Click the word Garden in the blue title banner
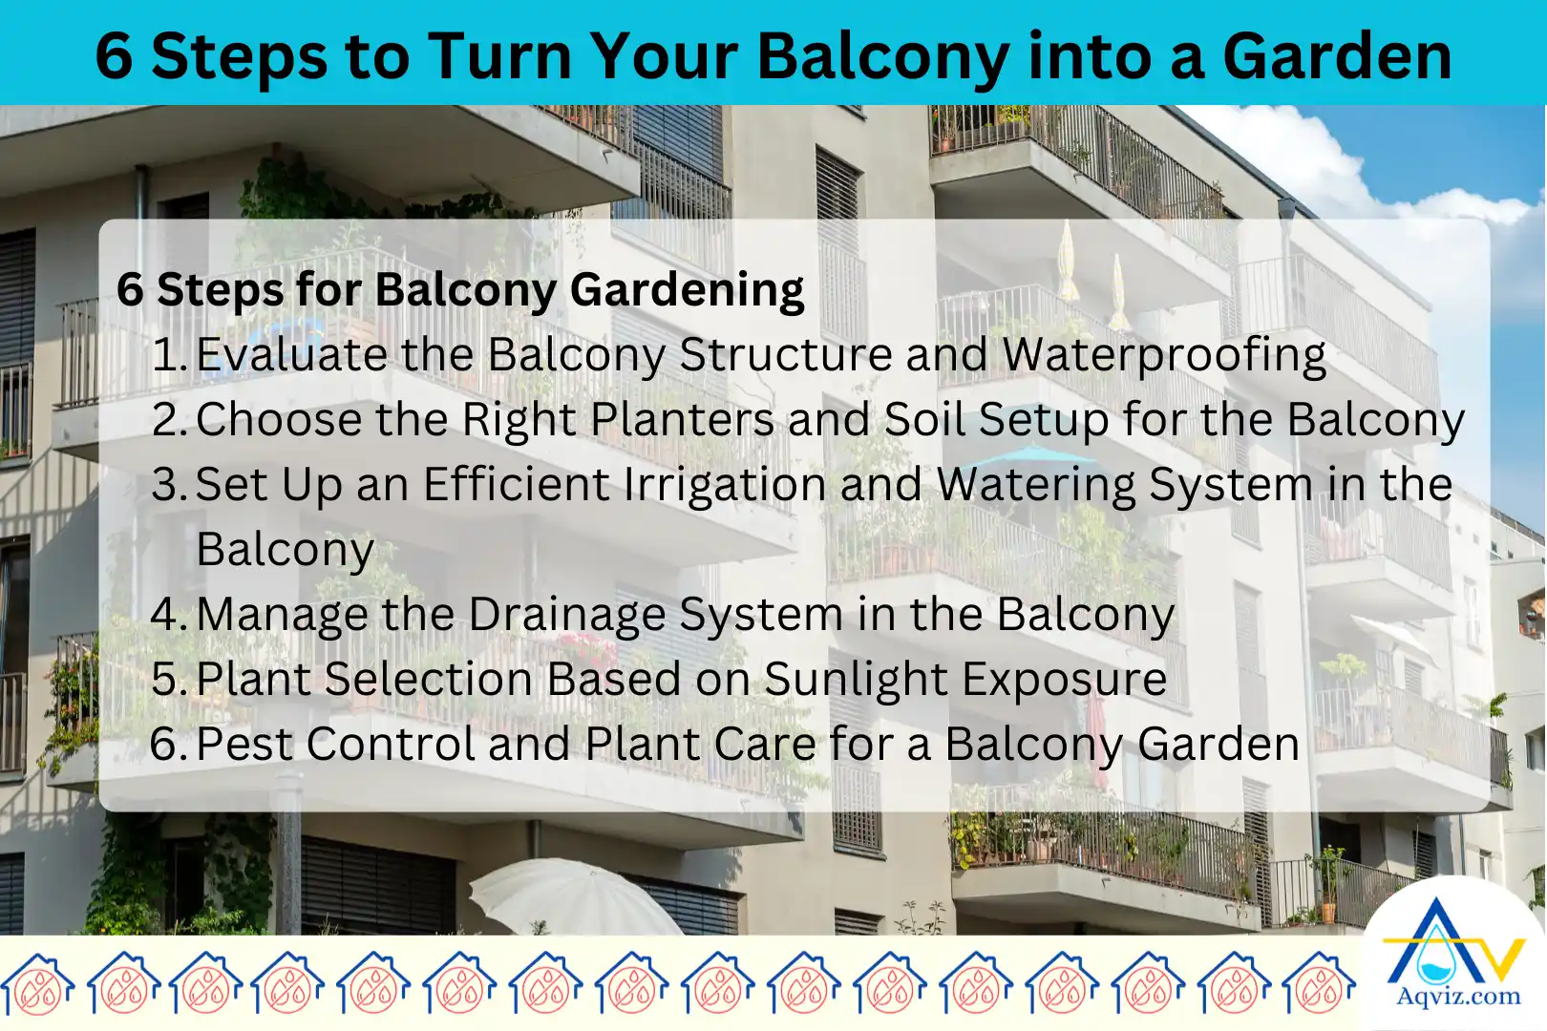(x=1337, y=55)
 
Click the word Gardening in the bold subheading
(x=688, y=290)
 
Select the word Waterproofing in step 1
(x=1164, y=355)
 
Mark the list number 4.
(x=167, y=615)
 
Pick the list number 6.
(x=167, y=745)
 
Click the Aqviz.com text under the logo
(x=1458, y=997)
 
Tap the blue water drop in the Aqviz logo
(x=1430, y=964)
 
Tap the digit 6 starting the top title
(x=114, y=55)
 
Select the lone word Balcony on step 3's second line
(x=285, y=550)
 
